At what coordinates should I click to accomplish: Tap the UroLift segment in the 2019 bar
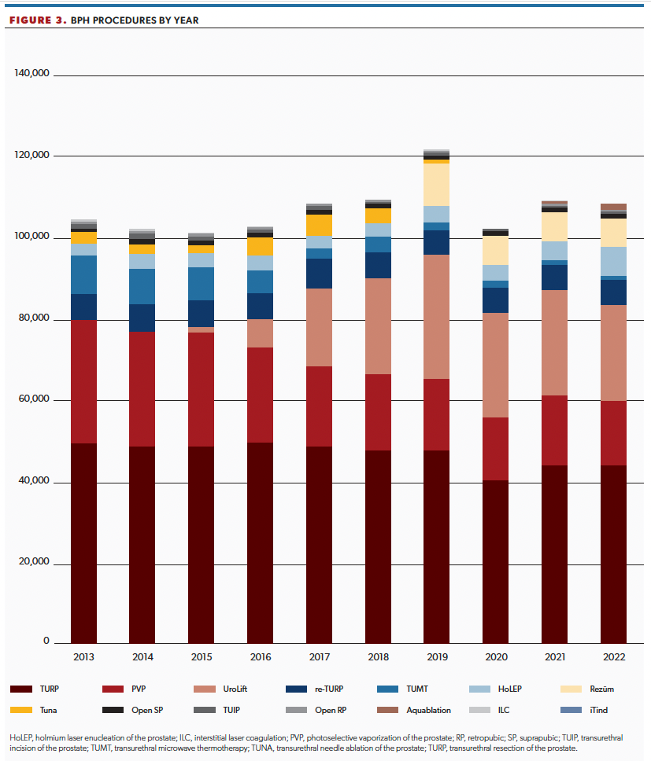[436, 316]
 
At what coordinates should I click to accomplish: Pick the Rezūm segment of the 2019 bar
[436, 184]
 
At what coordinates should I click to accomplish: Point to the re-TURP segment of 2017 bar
[319, 273]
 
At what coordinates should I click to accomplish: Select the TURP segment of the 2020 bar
[495, 561]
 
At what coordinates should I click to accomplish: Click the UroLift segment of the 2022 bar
[613, 352]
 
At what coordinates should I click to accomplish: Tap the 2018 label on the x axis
[378, 657]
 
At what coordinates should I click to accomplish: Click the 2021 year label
[554, 657]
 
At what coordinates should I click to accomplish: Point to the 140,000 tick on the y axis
[32, 74]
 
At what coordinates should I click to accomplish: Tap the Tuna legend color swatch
[21, 710]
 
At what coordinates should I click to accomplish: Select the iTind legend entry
[597, 710]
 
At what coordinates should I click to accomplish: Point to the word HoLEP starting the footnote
[20, 738]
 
